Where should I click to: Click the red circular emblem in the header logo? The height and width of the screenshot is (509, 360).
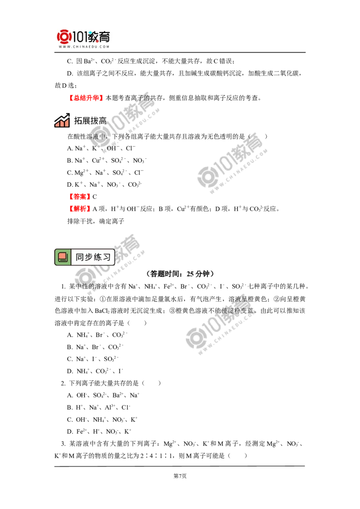click(64, 36)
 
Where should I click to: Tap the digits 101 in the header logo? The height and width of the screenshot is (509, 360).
click(80, 36)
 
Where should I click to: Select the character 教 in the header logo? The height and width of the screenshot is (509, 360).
click(94, 36)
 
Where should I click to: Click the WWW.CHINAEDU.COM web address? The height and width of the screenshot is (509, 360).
click(84, 47)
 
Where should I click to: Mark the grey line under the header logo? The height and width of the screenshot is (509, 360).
click(84, 53)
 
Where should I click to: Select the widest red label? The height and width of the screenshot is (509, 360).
click(86, 98)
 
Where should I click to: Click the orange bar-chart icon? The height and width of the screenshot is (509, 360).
click(62, 123)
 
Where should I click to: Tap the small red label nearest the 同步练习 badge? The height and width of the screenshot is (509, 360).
click(79, 209)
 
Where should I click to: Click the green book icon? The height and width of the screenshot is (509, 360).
click(63, 257)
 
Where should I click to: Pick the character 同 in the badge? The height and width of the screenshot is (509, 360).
click(80, 257)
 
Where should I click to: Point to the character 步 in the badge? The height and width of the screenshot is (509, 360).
click(89, 257)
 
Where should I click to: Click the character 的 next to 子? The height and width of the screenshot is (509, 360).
click(146, 98)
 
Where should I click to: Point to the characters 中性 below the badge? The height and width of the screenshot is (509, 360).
click(80, 286)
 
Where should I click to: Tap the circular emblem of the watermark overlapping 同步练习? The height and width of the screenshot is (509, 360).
click(83, 275)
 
